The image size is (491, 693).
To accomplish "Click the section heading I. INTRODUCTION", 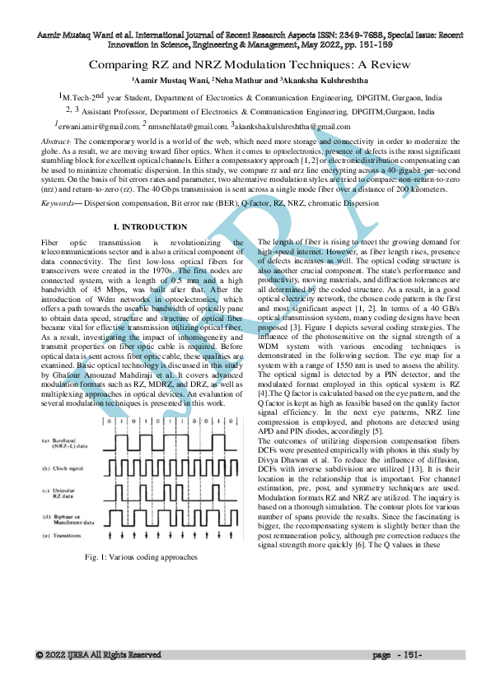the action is pos(150,226).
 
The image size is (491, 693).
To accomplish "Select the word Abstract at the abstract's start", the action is pos(55,143).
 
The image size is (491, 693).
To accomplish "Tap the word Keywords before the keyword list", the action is pos(58,202).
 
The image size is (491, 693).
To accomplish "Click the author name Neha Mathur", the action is pos(245,80).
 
